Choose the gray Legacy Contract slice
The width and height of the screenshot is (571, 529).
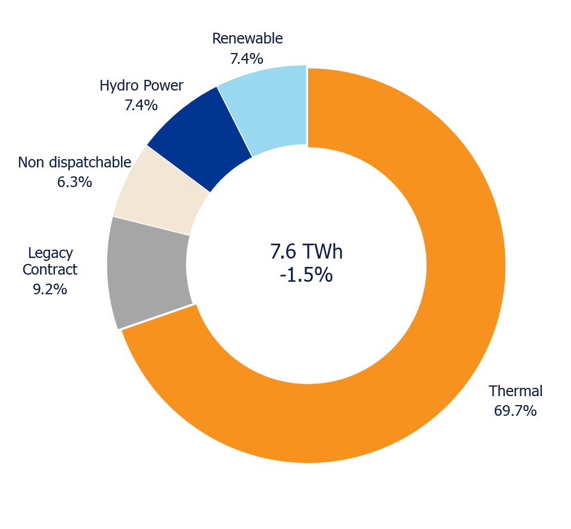coord(147,273)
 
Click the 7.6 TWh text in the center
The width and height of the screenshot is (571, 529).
coord(306,251)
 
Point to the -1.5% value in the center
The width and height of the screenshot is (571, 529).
coord(306,275)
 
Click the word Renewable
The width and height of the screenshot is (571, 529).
coord(247,39)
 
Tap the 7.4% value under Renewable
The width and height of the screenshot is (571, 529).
coord(247,58)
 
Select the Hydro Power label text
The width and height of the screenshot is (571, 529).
coord(141,86)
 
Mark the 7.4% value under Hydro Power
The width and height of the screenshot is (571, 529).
coord(141,105)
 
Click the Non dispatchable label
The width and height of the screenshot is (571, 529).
coord(75,163)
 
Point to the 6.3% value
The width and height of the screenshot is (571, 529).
coord(75,182)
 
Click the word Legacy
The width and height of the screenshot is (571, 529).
coord(51,253)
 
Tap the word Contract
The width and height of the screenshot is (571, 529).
coord(50,270)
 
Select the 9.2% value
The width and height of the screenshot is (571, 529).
coord(50,290)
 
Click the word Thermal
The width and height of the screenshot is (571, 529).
coord(516,391)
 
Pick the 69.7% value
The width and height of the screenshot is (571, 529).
coord(516,410)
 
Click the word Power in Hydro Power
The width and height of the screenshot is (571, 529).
coord(162,86)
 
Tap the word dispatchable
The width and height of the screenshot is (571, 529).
coord(90,163)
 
